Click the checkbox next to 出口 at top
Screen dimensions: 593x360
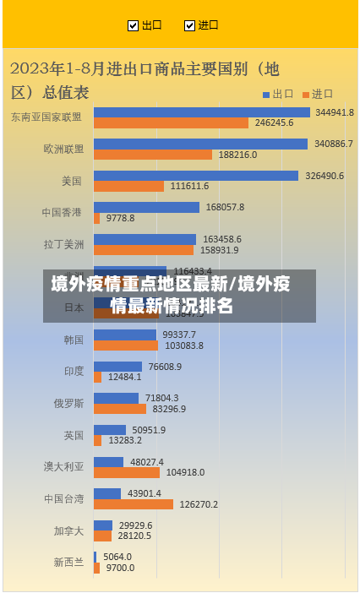click(133, 25)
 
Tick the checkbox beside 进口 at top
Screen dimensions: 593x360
click(189, 25)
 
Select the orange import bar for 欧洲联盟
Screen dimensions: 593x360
click(152, 155)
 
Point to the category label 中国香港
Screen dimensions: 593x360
click(63, 212)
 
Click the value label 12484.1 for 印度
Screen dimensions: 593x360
click(124, 377)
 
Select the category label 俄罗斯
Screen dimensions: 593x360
click(69, 403)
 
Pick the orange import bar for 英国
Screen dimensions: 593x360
click(97, 440)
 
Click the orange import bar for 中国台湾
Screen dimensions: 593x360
click(133, 504)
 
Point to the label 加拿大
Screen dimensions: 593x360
click(69, 530)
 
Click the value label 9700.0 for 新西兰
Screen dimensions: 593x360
click(120, 568)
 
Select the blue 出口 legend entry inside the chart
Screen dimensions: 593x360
click(278, 94)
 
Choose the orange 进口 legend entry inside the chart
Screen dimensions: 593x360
click(318, 94)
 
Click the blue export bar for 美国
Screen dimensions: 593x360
click(195, 176)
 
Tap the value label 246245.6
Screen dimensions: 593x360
click(274, 123)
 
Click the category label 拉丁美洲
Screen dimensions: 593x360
click(64, 244)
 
